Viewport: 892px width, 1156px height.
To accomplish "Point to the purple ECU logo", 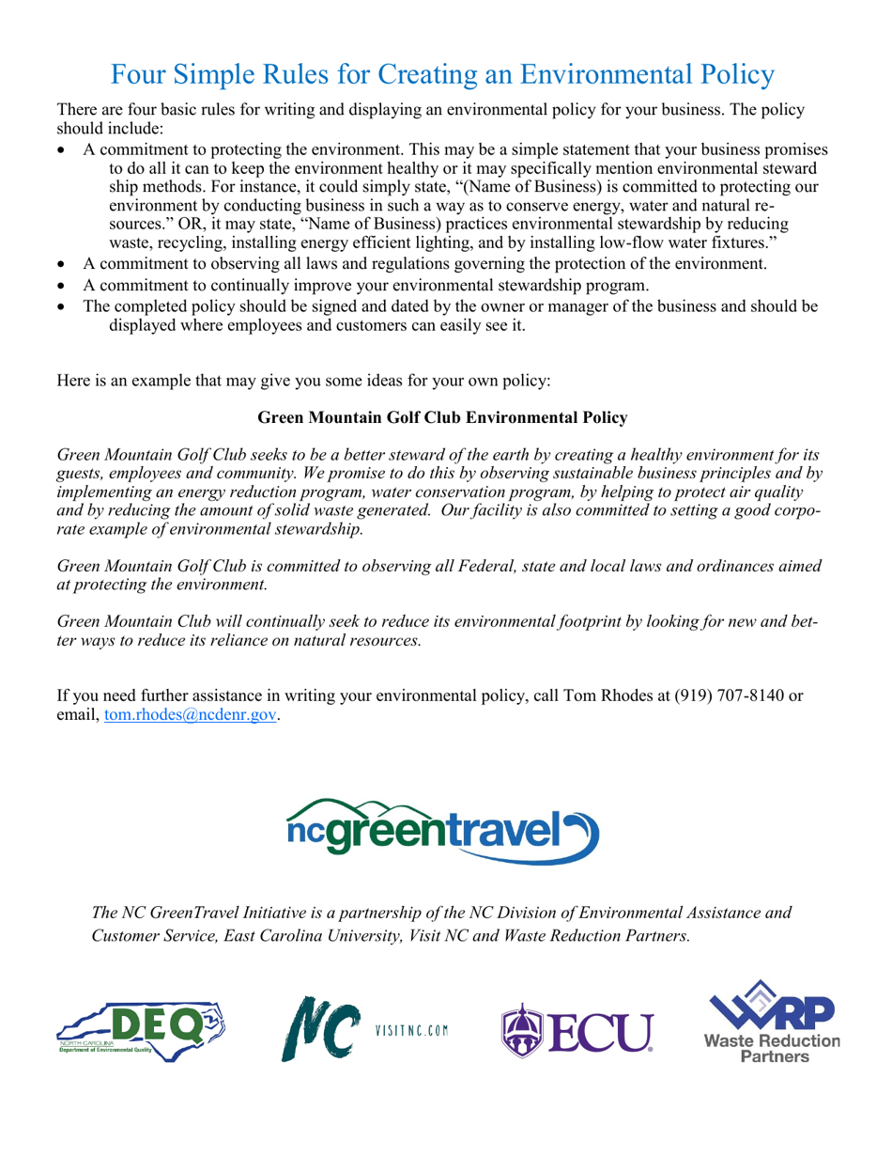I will (x=577, y=1031).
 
